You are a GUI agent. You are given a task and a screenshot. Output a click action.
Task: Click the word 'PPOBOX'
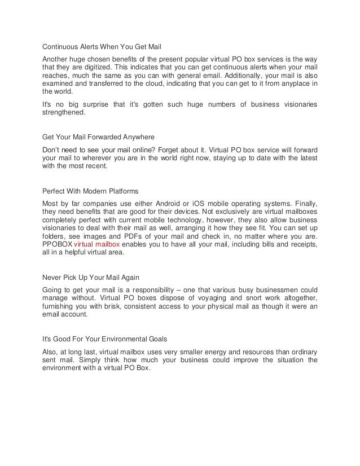[58, 247]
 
